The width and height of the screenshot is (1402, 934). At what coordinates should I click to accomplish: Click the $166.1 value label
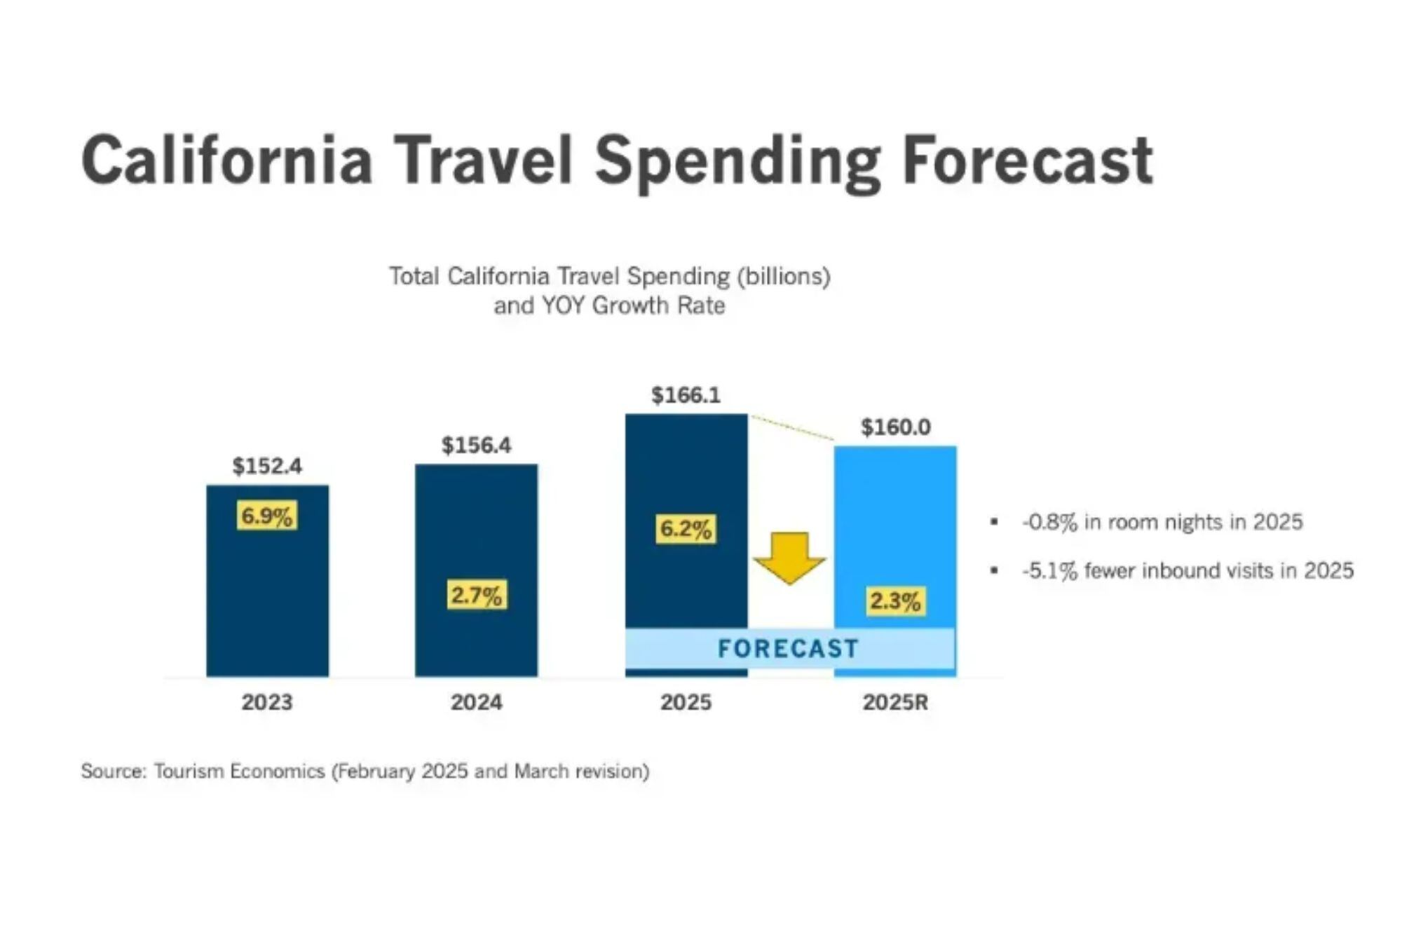(686, 395)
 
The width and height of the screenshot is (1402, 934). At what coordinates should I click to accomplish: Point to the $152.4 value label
(267, 466)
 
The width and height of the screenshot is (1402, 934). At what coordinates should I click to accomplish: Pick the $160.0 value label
(895, 427)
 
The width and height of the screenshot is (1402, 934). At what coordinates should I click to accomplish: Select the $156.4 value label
(476, 445)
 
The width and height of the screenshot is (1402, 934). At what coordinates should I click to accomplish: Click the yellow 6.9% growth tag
(266, 516)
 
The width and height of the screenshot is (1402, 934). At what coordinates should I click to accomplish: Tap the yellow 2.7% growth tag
(476, 596)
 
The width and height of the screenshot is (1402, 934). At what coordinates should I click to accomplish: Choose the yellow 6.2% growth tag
(686, 528)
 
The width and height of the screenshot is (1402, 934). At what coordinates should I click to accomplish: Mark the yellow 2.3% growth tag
(894, 601)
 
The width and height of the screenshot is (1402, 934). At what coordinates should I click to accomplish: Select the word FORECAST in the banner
(788, 648)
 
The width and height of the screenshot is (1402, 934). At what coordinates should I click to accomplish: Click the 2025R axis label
(895, 702)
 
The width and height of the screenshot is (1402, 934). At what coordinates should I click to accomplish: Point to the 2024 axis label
(476, 702)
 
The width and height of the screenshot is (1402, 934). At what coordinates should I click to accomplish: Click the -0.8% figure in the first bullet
(1049, 522)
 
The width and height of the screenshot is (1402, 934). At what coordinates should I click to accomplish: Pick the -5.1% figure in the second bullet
(1049, 570)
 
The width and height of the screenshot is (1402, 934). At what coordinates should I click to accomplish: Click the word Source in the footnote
(112, 771)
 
